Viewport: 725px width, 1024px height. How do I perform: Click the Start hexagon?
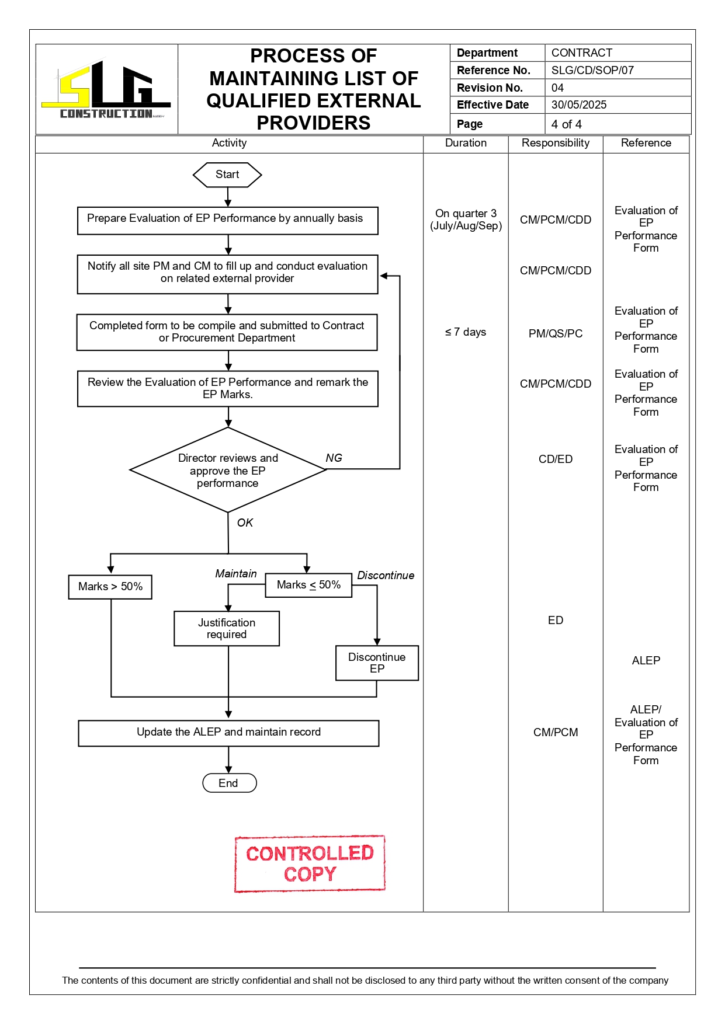227,175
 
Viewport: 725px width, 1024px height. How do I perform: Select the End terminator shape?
229,783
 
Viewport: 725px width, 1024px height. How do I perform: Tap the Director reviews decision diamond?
228,471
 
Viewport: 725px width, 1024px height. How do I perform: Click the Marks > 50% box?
110,587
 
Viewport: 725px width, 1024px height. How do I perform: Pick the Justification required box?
227,629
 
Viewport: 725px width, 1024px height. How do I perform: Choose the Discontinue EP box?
377,663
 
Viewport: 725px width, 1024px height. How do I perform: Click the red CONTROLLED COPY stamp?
310,863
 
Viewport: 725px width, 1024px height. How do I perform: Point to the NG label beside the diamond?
334,458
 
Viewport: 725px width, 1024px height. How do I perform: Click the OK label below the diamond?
245,523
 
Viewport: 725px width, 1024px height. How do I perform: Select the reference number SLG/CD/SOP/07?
592,71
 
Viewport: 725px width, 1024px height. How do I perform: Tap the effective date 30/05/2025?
579,105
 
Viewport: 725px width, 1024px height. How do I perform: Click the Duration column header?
466,143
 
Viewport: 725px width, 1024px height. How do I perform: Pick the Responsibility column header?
556,143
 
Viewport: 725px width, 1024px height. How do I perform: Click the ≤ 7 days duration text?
466,332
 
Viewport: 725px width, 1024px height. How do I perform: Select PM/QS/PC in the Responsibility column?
556,334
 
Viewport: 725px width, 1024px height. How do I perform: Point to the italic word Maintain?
235,574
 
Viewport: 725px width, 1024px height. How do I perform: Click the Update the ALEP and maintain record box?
228,733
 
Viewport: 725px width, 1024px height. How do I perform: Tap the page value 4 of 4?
567,124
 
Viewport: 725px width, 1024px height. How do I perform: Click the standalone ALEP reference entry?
646,661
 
